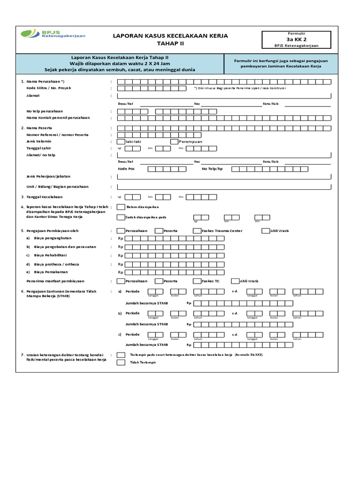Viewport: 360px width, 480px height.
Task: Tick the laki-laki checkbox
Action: tap(121, 142)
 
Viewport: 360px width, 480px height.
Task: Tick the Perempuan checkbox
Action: tap(174, 142)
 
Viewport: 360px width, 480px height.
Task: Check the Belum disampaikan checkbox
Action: tap(121, 207)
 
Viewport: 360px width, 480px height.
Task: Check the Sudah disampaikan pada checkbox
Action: tap(121, 217)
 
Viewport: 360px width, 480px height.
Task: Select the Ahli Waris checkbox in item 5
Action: tap(266, 231)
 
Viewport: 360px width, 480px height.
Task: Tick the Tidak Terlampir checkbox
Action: tap(121, 363)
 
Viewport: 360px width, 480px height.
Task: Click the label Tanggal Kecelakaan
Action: tap(45, 197)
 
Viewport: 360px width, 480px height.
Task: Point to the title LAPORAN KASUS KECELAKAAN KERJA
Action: tap(171, 36)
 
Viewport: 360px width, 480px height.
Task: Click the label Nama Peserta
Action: tap(39, 128)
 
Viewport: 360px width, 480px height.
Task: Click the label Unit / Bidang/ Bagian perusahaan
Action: tap(57, 187)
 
